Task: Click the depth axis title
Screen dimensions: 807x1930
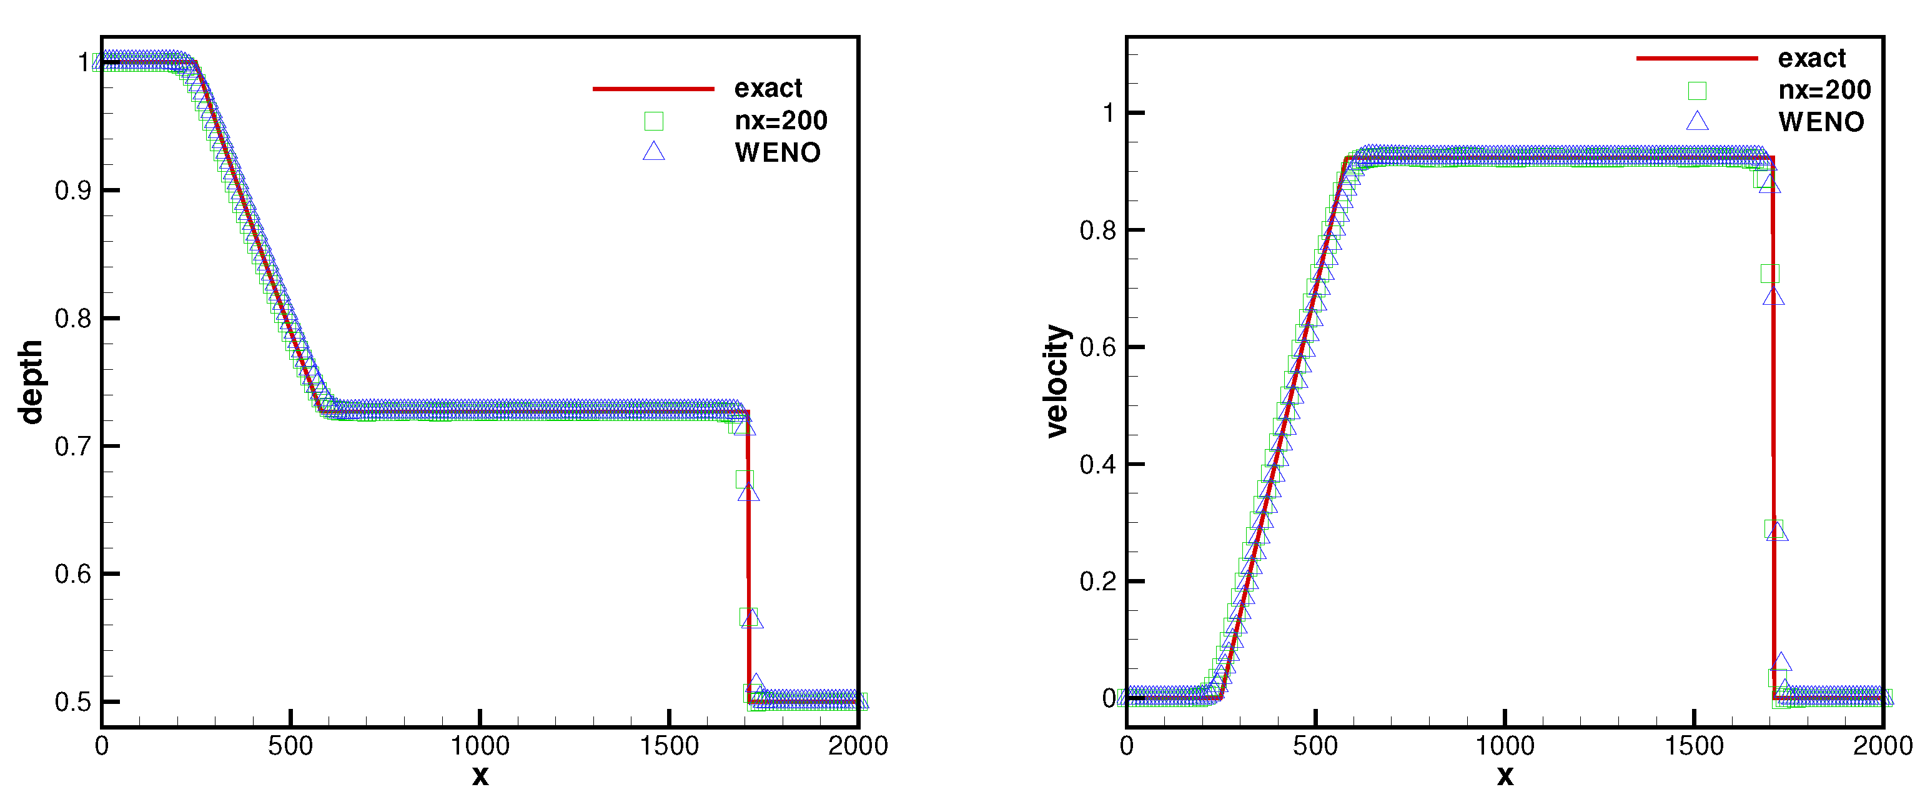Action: coord(31,382)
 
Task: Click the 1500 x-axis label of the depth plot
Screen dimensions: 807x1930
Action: coord(669,746)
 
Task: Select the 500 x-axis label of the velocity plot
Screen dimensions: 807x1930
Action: coord(1315,746)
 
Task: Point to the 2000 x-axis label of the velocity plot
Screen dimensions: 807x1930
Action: coord(1882,746)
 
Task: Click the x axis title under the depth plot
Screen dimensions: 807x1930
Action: coord(480,776)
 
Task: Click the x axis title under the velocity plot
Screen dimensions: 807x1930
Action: coord(1505,776)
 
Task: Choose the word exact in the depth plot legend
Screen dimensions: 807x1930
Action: coord(768,89)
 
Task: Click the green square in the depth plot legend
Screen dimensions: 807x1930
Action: coord(653,121)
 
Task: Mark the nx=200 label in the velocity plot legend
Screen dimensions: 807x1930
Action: coord(1824,90)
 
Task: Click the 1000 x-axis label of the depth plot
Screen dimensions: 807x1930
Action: coord(480,746)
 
